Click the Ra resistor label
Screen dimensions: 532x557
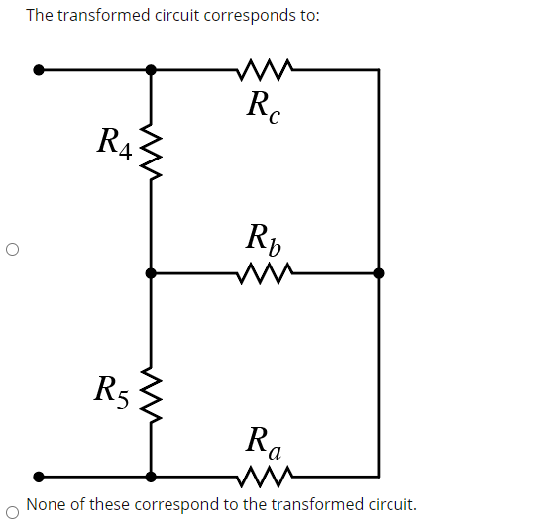(x=264, y=440)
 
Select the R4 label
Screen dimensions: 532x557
(x=113, y=142)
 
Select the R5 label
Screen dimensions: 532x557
(x=111, y=390)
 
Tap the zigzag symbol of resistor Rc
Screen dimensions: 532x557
(x=265, y=70)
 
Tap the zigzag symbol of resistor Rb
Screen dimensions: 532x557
(x=265, y=272)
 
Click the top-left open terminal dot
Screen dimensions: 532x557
(x=39, y=70)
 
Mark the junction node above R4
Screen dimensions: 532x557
(x=151, y=70)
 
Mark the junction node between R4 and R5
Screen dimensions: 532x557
(x=151, y=272)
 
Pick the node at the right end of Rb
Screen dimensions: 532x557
(x=378, y=272)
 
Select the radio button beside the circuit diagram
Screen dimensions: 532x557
(x=11, y=250)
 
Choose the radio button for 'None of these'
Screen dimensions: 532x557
(x=11, y=511)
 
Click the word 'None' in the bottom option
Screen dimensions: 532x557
(x=45, y=504)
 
